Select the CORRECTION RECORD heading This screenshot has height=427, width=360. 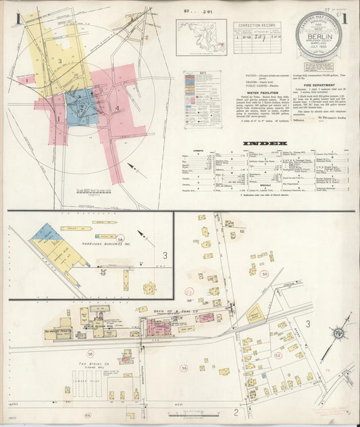(256, 26)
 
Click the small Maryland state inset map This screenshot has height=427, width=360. (201, 32)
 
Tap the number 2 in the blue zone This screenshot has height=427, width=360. (81, 107)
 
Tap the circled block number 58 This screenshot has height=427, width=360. (120, 240)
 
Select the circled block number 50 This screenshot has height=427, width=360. (264, 274)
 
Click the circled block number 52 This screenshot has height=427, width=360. (278, 355)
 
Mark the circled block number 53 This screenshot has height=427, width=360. (184, 368)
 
